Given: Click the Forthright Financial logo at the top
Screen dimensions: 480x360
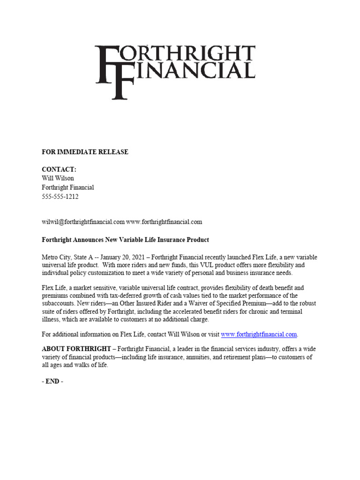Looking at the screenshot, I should pos(175,70).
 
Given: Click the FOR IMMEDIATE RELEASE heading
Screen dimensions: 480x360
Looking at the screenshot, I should pos(85,152).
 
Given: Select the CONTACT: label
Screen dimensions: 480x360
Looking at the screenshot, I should pos(59,169).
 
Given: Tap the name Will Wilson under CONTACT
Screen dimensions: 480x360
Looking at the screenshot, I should pos(58,178).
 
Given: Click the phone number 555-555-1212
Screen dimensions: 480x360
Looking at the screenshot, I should pos(60,197).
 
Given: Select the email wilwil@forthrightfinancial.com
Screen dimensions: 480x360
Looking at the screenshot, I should pos(83,222).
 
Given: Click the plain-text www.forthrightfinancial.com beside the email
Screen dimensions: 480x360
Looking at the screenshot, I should pos(164,222).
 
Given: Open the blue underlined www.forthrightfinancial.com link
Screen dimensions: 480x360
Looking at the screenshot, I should pos(259,335).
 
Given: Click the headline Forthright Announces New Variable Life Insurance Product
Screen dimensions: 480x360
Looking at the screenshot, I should pos(125,240).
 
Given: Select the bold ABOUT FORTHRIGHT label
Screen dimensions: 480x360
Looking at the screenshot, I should pos(76,349).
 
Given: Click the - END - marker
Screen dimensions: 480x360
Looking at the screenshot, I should pos(52,382).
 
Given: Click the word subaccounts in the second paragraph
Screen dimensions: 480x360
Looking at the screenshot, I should pos(60,304).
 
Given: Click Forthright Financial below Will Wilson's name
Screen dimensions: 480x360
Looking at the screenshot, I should pos(68,187).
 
